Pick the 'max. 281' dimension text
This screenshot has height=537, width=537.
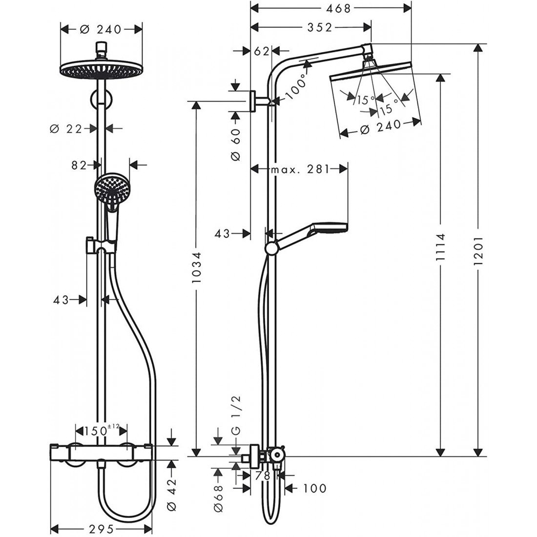click(300, 169)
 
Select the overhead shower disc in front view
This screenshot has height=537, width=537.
click(102, 69)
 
